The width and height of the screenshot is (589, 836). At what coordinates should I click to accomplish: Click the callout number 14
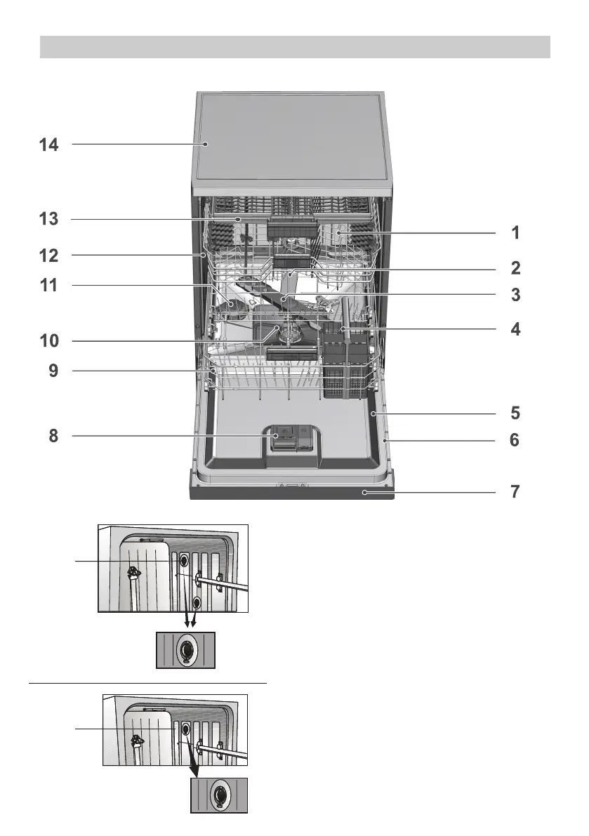[48, 145]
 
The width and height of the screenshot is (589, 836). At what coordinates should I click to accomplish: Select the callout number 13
[48, 218]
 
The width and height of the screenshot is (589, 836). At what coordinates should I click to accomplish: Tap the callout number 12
[48, 256]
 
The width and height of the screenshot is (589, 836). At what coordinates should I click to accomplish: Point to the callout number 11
[48, 285]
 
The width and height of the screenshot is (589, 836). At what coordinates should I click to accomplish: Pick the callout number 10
[49, 340]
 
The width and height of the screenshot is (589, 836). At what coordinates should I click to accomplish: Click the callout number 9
[53, 371]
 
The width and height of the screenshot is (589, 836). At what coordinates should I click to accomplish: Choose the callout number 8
[53, 436]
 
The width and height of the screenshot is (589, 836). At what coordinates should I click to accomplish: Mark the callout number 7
[515, 491]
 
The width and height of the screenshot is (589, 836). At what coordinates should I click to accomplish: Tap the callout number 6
[515, 440]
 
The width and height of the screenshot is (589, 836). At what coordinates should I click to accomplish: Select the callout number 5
[515, 413]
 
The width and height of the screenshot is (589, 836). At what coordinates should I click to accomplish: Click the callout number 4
[515, 329]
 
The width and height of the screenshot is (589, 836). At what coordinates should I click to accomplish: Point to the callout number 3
[515, 295]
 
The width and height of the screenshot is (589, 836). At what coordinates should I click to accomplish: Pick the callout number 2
[515, 267]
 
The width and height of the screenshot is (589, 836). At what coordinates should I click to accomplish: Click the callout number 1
[515, 232]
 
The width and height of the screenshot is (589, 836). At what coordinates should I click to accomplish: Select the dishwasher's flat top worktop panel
[291, 140]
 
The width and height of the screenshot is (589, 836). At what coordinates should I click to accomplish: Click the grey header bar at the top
[295, 47]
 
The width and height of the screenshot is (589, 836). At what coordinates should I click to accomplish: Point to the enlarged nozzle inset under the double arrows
[185, 650]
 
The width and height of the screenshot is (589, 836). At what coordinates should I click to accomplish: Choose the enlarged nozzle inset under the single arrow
[219, 795]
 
